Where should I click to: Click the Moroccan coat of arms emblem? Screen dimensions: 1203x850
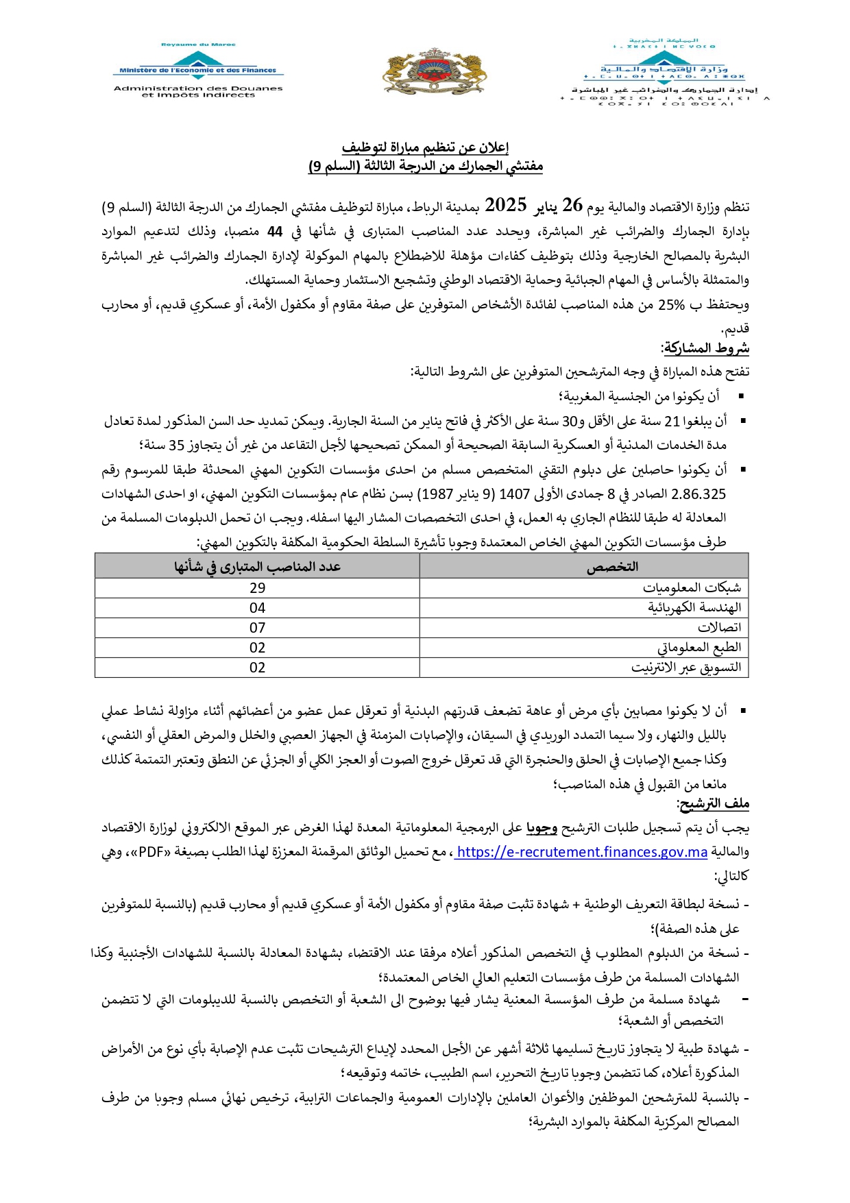point(435,72)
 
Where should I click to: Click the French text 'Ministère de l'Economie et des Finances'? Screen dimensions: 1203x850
point(197,70)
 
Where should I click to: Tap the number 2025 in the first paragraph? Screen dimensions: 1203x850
point(505,205)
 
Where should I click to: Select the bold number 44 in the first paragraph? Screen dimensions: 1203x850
point(275,231)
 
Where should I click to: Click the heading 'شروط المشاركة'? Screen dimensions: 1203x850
point(705,348)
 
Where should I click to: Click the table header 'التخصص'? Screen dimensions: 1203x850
point(612,566)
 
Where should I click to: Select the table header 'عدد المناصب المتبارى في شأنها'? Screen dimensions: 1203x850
point(257,566)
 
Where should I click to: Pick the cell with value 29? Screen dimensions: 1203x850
point(257,588)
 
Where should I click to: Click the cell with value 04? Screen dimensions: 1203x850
point(257,608)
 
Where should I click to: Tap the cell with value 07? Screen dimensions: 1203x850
point(257,628)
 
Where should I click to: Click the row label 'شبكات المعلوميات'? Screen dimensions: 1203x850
point(692,588)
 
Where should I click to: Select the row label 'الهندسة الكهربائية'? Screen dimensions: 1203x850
point(694,608)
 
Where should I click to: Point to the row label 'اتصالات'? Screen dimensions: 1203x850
point(719,628)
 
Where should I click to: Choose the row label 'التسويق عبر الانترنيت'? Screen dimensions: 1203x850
point(686,668)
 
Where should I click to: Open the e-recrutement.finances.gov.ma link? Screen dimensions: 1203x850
point(581,852)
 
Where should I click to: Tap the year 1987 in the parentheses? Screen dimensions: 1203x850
point(435,494)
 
